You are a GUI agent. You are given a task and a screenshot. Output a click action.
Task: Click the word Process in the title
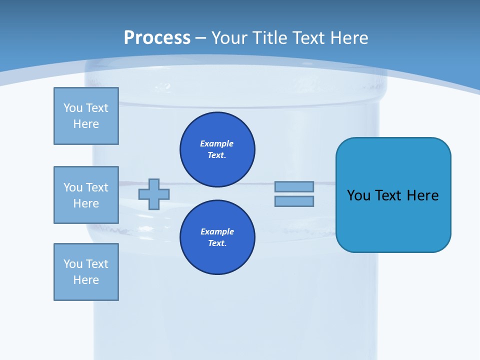point(157,38)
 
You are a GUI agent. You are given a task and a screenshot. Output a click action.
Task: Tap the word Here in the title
point(348,38)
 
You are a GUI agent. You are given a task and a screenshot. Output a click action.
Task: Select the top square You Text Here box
point(86,116)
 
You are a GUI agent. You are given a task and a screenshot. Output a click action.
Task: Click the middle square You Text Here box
point(86,195)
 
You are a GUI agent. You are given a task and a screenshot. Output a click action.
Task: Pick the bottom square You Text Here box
point(86,272)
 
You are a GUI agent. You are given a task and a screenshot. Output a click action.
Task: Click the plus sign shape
point(154,194)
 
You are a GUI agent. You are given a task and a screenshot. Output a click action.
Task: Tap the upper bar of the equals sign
point(294,186)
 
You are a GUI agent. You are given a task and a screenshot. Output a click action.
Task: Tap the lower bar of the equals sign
point(294,201)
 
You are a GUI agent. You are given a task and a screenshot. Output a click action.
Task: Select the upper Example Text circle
point(217,149)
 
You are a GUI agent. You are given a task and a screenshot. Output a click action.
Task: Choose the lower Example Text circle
point(217,237)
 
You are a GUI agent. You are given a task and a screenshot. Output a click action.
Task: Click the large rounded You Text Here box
point(393,195)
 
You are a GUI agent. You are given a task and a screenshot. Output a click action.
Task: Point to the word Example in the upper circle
point(217,143)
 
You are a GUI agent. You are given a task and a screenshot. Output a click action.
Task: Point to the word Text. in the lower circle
point(217,243)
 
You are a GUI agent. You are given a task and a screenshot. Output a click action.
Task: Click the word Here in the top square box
point(86,124)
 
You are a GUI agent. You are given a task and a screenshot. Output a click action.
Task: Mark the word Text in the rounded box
point(389,195)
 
